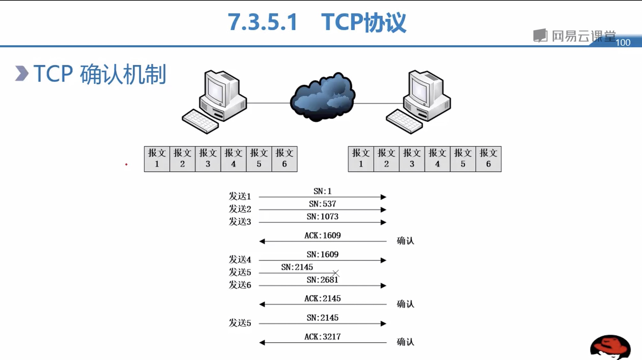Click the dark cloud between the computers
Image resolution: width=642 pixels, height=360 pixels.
[322, 97]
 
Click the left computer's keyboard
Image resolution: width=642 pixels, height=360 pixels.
[200, 121]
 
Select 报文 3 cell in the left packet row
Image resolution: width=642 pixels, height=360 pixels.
[208, 159]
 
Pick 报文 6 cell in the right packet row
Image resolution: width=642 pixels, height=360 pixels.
[488, 159]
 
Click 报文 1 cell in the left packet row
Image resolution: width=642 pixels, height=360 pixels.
[157, 159]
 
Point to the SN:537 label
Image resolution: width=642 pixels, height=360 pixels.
[322, 204]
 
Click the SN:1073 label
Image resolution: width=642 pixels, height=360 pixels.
[322, 217]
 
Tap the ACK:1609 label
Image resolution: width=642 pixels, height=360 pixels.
[322, 235]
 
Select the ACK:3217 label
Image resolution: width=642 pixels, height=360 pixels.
[322, 337]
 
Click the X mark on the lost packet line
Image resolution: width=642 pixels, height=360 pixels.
[336, 273]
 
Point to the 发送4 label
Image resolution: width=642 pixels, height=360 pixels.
[240, 260]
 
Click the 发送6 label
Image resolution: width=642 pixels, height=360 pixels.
[240, 285]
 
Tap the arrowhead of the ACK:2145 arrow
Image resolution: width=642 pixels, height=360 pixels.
[262, 305]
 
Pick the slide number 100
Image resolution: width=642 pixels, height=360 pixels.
[623, 43]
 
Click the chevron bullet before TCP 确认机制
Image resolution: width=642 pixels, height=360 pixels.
[22, 74]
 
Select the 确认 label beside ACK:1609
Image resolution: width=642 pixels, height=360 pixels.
[405, 241]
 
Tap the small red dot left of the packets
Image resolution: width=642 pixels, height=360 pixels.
[126, 164]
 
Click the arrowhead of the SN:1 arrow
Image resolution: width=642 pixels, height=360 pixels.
[383, 197]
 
